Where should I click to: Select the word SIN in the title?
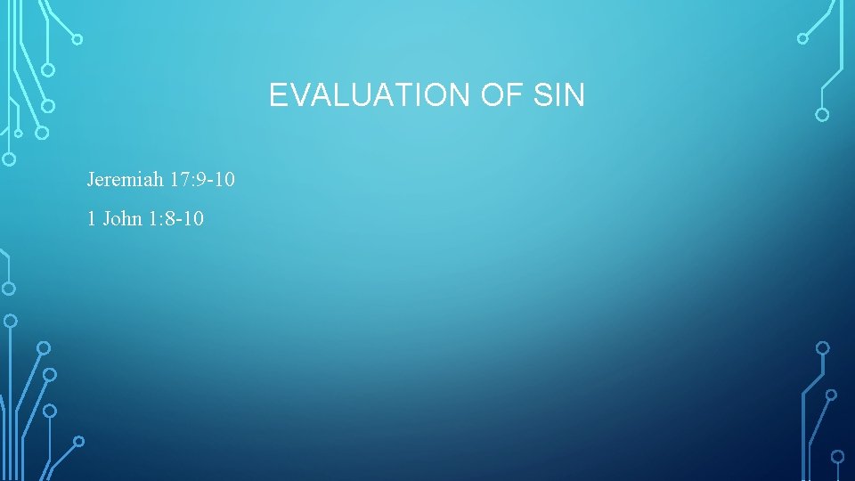560,94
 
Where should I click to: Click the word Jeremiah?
125,180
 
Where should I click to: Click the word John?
122,218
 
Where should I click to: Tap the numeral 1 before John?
92,218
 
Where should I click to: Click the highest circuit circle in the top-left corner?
77,39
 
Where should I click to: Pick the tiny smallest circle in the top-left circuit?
18,134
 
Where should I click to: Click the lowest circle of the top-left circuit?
9,160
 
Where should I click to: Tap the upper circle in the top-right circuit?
802,38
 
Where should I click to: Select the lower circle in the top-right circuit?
822,115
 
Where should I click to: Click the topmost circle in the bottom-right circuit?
823,347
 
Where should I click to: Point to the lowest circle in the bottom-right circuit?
838,457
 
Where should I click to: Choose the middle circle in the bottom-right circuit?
831,394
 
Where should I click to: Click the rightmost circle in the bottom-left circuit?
78,440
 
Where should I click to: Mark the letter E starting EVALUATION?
277,94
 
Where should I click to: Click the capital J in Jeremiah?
90,180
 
